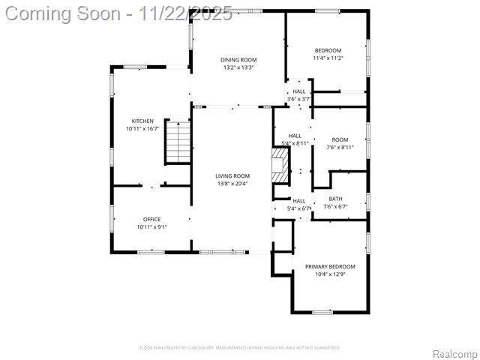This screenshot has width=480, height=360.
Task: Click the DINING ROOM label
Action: [238, 59]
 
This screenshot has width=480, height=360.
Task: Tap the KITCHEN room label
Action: [142, 121]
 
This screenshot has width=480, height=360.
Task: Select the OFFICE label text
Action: [151, 218]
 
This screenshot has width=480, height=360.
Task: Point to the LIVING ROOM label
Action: [232, 175]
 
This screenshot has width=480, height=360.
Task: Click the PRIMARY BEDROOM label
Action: [330, 266]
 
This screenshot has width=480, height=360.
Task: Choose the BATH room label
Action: [335, 199]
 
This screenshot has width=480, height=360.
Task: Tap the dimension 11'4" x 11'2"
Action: [328, 58]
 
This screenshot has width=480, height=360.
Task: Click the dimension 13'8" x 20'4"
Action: [232, 184]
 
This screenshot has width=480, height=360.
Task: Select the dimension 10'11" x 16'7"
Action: [142, 129]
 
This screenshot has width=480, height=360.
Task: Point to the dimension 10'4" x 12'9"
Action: [330, 274]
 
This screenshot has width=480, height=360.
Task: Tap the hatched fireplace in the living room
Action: [280, 164]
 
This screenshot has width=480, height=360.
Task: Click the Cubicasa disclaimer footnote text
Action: [240, 347]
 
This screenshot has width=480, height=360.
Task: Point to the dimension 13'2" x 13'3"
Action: [238, 67]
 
